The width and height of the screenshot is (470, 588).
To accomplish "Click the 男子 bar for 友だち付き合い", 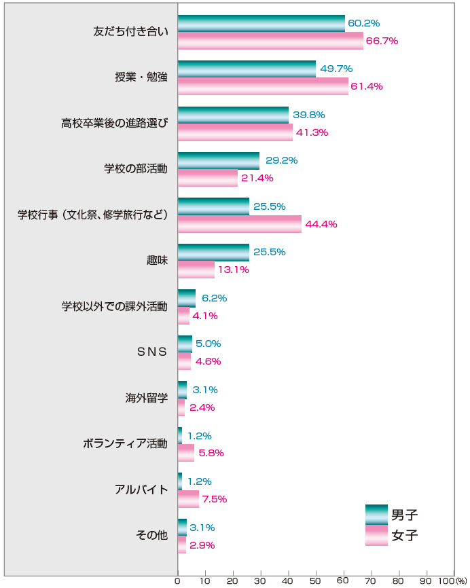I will point(261,23).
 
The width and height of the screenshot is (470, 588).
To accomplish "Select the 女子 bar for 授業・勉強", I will point(263,86).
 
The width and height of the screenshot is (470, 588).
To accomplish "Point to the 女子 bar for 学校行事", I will point(240,224).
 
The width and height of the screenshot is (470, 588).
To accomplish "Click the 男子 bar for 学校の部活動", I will point(219,161).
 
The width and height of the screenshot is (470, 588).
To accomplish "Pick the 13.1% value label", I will point(233,270).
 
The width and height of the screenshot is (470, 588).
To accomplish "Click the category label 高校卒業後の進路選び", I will point(114,123).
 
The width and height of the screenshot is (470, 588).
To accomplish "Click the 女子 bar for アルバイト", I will point(188,499).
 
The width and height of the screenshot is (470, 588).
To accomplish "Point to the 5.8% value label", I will point(211,453).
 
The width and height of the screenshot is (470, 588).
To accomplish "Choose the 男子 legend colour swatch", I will point(376,515).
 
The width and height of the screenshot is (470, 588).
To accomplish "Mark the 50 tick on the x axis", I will point(316,581).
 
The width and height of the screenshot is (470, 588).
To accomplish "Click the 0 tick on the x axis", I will point(178,581).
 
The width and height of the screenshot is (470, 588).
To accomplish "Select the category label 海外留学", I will point(146,398).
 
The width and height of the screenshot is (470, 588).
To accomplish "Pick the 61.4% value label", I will point(367,86).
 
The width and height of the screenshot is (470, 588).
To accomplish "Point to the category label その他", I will point(152,536).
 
